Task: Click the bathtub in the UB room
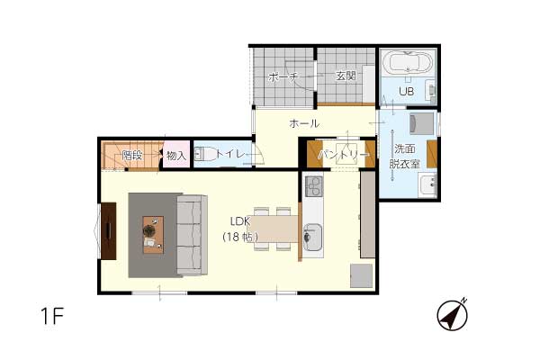click(408, 62)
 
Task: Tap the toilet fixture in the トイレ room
click(204, 154)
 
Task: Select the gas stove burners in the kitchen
click(313, 186)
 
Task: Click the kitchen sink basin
click(313, 237)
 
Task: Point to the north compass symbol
click(452, 315)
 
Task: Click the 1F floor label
click(52, 316)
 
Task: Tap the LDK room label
click(239, 221)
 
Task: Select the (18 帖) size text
click(240, 237)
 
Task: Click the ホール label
click(304, 123)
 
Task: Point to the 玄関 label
click(346, 76)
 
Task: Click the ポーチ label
click(283, 76)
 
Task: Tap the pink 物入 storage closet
click(176, 154)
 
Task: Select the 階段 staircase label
click(132, 156)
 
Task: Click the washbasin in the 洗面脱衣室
click(427, 184)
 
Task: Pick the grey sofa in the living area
click(192, 235)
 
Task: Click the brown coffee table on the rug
click(153, 235)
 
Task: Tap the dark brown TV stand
click(109, 230)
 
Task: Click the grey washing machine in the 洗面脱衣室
click(421, 123)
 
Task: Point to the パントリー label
click(342, 155)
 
